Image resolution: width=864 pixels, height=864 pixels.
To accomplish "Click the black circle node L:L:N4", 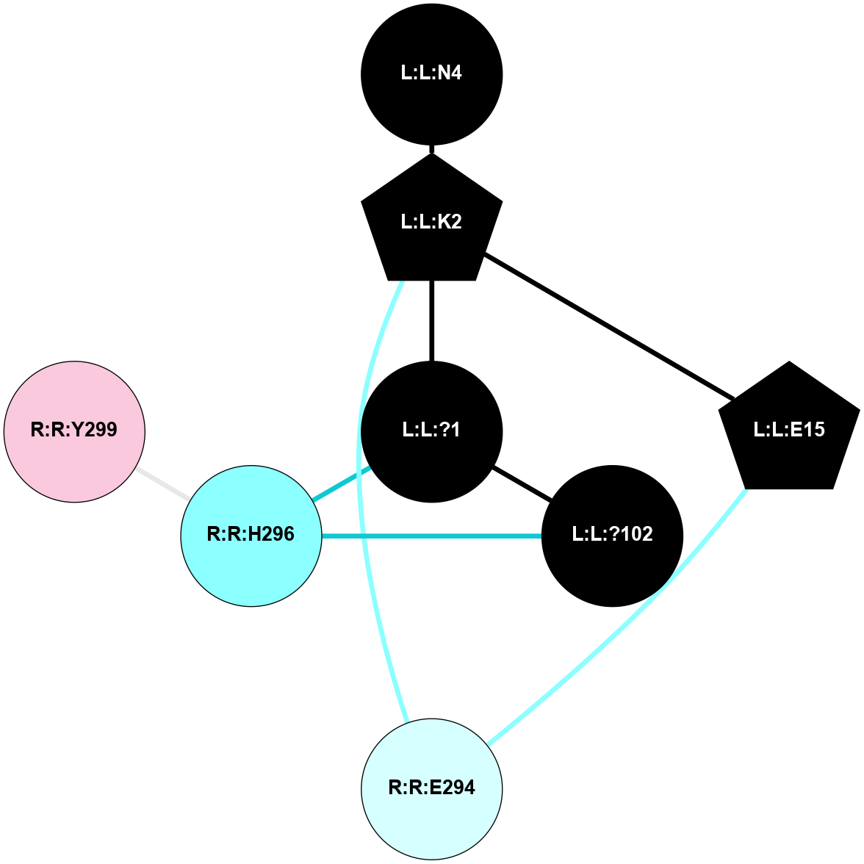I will [x=431, y=74].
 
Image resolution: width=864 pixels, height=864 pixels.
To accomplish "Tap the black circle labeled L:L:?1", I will [x=431, y=431].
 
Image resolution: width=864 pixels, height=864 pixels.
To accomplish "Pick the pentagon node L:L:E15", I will [x=789, y=431].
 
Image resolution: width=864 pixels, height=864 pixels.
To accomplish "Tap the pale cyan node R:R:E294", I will [x=431, y=788].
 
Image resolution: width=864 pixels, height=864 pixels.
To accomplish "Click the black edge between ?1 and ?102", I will [x=522, y=483].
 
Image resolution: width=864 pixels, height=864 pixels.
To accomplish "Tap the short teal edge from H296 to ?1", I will [x=340, y=483].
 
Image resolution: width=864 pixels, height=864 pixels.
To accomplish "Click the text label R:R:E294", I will [x=431, y=788].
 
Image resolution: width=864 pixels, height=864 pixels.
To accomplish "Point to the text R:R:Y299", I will [x=74, y=430].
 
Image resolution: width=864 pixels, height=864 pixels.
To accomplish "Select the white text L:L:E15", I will [x=789, y=430].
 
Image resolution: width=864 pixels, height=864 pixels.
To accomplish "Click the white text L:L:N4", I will [x=431, y=73].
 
